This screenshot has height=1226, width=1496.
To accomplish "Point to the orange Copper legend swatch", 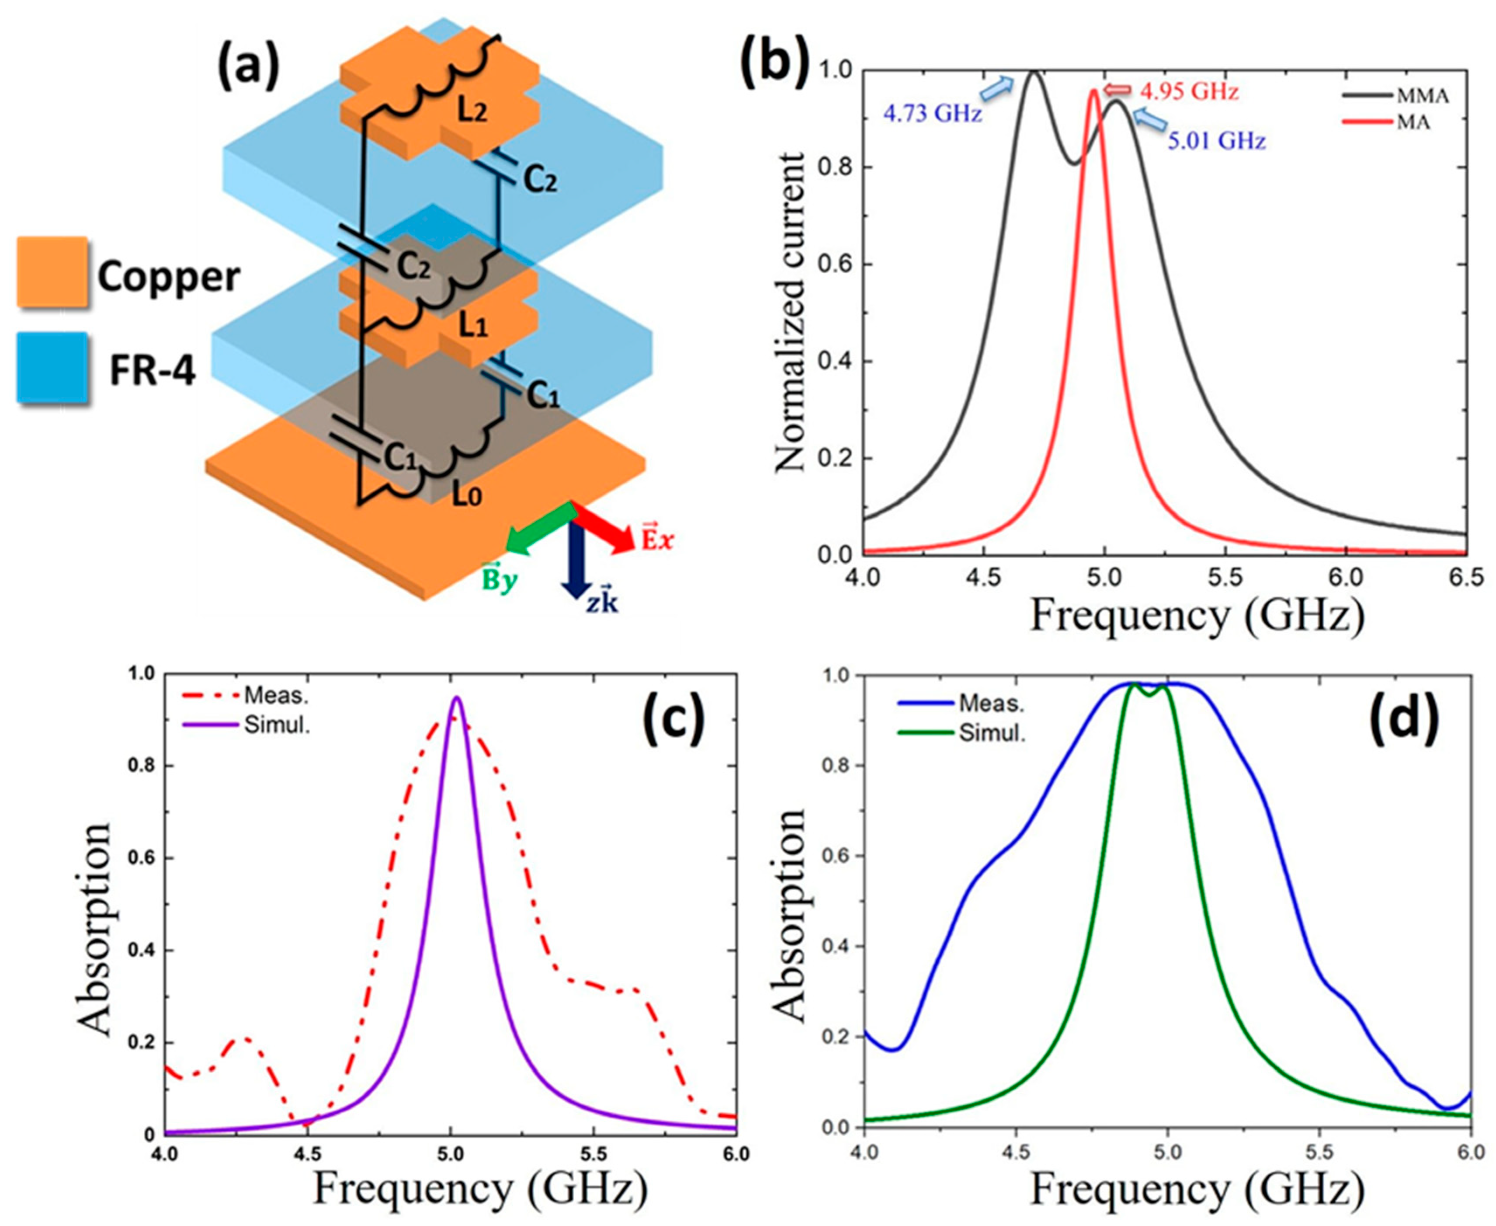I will pyautogui.click(x=52, y=272).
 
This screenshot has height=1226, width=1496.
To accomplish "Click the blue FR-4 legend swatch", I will pyautogui.click(x=52, y=367).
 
